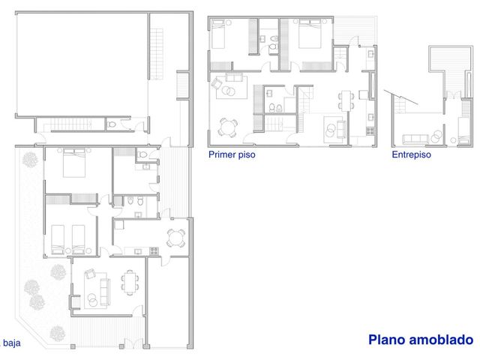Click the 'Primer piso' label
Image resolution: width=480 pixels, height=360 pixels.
[232, 154]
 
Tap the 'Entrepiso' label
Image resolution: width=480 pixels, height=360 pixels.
[411, 154]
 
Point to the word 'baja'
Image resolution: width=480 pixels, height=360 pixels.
[12, 343]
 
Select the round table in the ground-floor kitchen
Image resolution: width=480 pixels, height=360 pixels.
[176, 238]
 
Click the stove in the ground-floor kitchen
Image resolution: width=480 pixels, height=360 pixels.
[154, 251]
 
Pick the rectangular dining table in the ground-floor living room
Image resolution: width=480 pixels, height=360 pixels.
[130, 282]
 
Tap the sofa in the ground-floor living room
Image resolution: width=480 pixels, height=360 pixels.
[105, 292]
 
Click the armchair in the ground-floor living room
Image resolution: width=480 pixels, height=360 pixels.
[91, 273]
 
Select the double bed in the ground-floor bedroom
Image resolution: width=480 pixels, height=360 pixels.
[74, 163]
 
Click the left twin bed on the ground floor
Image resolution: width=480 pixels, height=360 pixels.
[58, 240]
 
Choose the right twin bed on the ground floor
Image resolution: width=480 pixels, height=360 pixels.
[78, 240]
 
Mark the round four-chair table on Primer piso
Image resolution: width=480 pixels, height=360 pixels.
[227, 127]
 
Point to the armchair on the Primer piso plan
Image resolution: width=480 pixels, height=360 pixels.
[216, 83]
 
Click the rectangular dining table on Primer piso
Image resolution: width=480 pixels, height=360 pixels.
[346, 100]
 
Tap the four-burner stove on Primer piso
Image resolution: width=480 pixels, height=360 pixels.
[370, 131]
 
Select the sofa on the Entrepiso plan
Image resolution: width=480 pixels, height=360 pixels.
[415, 139]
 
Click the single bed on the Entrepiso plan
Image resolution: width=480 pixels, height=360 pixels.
[463, 130]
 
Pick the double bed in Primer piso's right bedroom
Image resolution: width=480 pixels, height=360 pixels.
[310, 34]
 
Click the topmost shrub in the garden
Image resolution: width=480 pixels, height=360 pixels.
[30, 160]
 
